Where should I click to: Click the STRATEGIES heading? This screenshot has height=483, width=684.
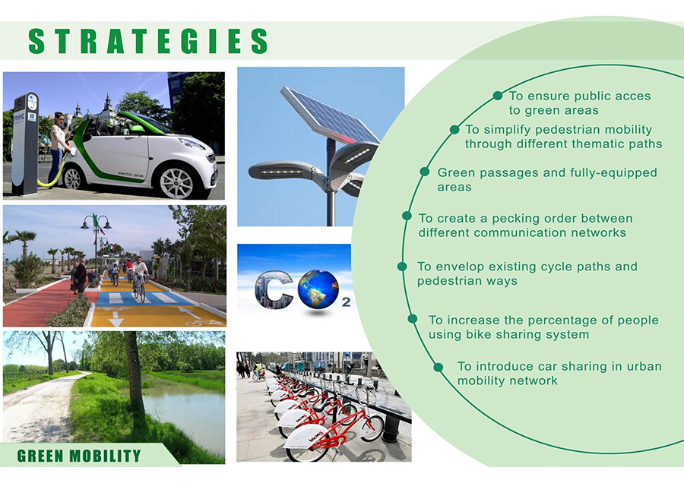(148, 41)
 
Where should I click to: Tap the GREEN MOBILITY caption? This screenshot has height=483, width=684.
(79, 456)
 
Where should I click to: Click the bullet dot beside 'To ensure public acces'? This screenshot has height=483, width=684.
(497, 96)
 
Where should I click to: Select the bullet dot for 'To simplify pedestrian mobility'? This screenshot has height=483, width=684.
(454, 129)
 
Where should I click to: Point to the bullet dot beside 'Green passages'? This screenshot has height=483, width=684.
(424, 172)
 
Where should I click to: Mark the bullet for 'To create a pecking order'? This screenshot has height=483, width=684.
(407, 216)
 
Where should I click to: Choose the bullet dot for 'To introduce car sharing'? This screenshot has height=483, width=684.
(439, 367)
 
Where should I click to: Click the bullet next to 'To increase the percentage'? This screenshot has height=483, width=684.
(412, 319)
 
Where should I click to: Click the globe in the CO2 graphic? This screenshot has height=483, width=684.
(318, 289)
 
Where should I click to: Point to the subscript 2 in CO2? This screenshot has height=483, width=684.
(346, 302)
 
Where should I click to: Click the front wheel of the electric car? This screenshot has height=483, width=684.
(176, 183)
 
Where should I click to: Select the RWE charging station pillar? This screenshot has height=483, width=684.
(25, 144)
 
